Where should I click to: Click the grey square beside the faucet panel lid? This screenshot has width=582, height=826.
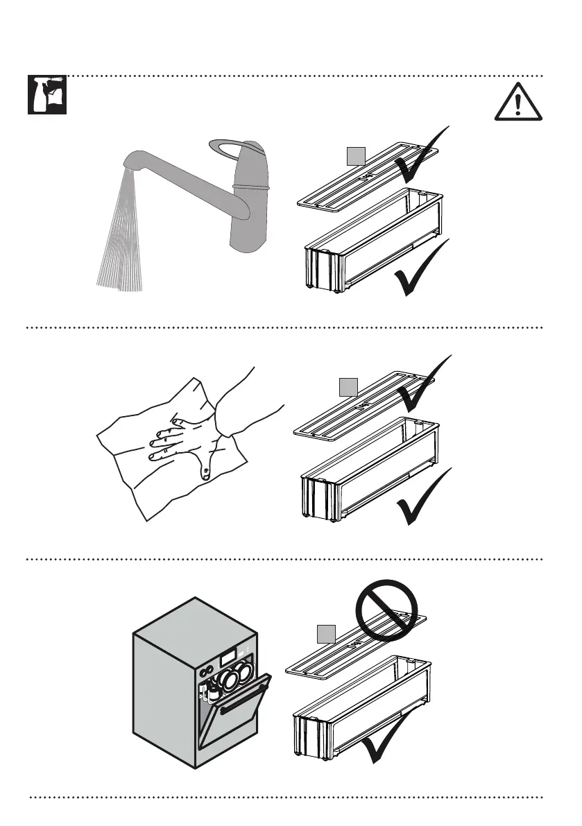[356, 157]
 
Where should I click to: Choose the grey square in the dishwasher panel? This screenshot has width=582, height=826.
[326, 634]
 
